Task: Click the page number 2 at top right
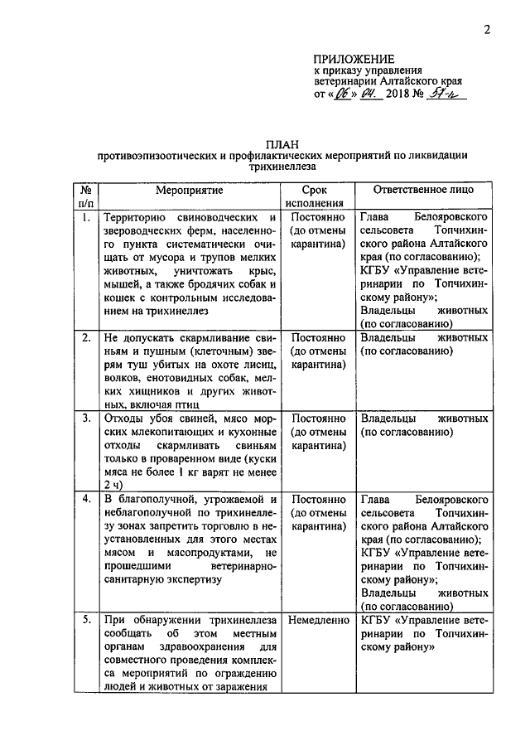(488, 31)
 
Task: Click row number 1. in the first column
(85, 219)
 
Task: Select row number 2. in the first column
(85, 338)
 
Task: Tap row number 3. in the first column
(85, 418)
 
